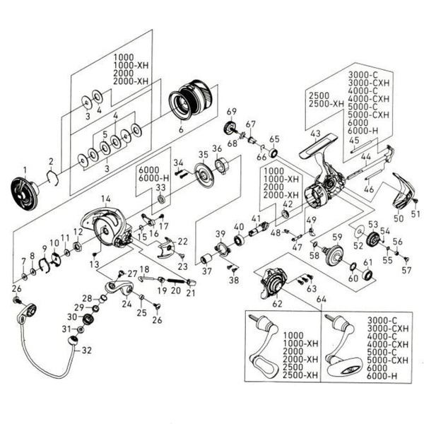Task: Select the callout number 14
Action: [105, 199]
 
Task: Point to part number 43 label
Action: [314, 133]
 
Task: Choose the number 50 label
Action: [399, 219]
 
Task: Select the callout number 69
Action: [230, 111]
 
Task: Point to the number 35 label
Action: [203, 154]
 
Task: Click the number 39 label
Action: [220, 234]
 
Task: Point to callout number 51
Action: [416, 213]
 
